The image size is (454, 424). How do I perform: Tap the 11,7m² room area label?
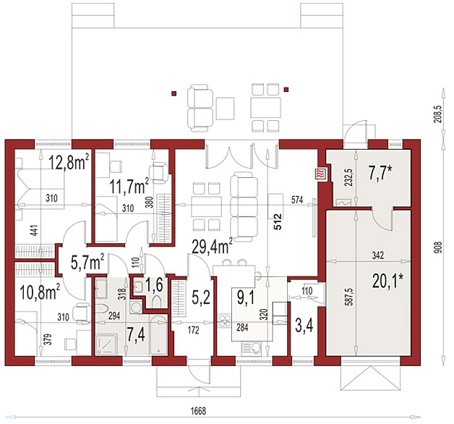(x=129, y=185)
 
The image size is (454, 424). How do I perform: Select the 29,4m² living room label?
(x=213, y=246)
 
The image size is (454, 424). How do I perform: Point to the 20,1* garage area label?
(x=387, y=281)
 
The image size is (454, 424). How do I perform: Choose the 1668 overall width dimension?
(x=198, y=411)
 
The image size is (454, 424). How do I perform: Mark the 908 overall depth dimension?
(x=440, y=248)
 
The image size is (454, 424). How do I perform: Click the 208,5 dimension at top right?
(x=439, y=114)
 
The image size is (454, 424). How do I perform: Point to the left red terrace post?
(x=174, y=93)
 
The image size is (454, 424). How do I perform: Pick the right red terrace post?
(x=286, y=89)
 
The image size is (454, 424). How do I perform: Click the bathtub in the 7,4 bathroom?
(x=158, y=335)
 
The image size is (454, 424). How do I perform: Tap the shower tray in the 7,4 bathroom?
(x=107, y=344)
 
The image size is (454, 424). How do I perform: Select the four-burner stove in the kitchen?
(x=225, y=322)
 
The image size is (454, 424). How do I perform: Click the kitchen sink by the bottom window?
(x=251, y=349)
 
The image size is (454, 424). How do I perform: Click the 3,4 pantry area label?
(x=304, y=325)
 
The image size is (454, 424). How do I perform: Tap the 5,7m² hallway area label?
(x=87, y=261)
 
